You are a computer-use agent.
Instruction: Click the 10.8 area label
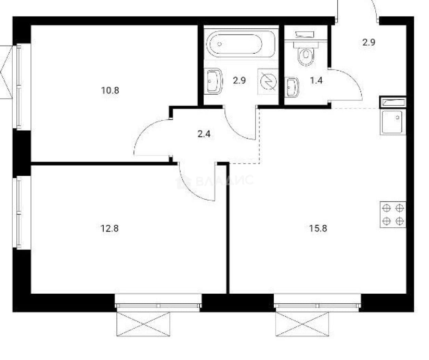click(x=110, y=90)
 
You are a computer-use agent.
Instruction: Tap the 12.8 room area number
click(x=109, y=228)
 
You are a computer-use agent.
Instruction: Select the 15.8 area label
click(x=318, y=228)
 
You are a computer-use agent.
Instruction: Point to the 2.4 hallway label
click(x=204, y=134)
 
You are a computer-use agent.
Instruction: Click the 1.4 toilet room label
click(x=316, y=80)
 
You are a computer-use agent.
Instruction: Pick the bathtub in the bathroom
click(x=240, y=44)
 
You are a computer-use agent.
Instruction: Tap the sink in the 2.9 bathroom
click(x=213, y=81)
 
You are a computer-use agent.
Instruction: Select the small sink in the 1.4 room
click(x=292, y=87)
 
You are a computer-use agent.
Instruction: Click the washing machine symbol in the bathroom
click(x=268, y=81)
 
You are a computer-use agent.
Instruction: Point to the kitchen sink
click(x=393, y=122)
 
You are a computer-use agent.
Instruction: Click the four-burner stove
click(x=393, y=215)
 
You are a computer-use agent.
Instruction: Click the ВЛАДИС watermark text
click(x=224, y=181)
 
